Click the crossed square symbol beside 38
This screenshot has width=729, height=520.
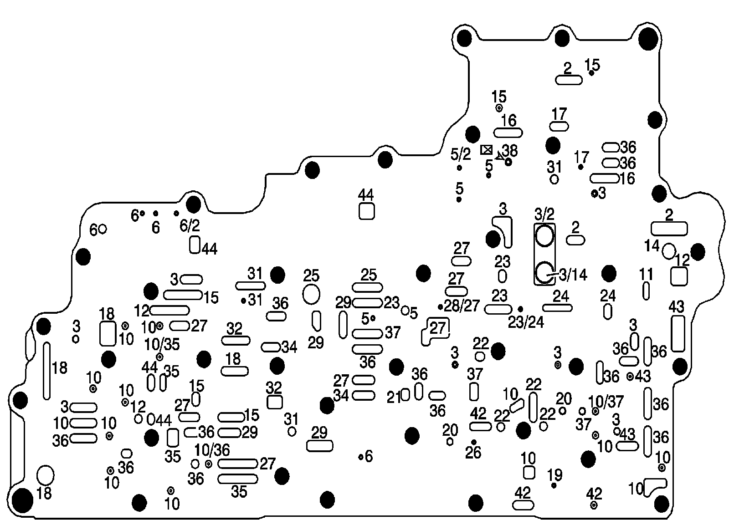tap(487, 149)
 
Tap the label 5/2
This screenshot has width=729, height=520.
tap(461, 155)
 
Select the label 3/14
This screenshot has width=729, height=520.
tap(573, 275)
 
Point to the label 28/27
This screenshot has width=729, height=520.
tap(462, 306)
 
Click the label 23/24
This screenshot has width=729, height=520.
tap(526, 322)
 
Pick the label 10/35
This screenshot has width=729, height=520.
tap(162, 344)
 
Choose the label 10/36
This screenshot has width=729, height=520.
tap(212, 450)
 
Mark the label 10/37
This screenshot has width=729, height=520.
tap(606, 402)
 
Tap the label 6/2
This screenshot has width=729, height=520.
tap(190, 225)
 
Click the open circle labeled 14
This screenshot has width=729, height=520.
tap(669, 251)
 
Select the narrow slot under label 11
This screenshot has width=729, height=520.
tap(646, 291)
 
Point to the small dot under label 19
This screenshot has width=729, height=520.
tap(554, 486)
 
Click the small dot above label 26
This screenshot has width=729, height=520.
tap(474, 442)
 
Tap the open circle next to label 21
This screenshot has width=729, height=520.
tap(406, 395)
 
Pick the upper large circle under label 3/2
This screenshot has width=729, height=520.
tap(544, 236)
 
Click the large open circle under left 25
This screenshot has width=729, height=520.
tap(312, 294)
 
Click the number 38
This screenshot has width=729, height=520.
tap(510, 150)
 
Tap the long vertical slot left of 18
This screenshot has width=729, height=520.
tap(46, 371)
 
